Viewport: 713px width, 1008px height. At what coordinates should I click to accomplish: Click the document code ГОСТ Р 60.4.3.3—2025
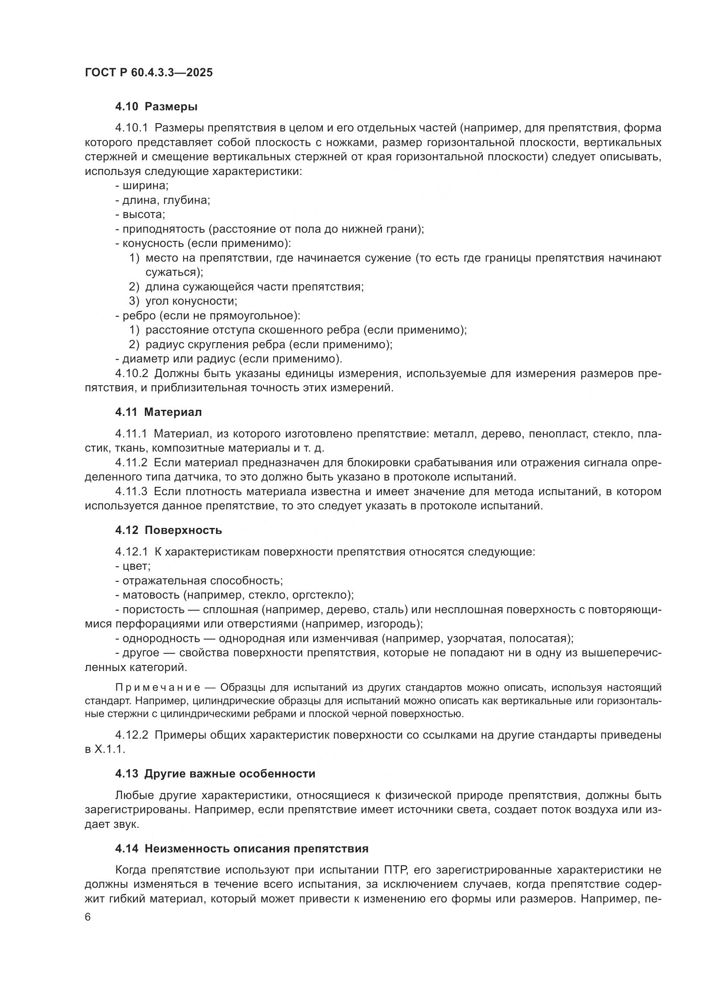click(x=149, y=73)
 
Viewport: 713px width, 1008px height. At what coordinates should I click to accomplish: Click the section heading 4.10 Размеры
click(x=156, y=107)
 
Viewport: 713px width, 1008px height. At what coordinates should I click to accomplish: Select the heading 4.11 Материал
click(x=159, y=412)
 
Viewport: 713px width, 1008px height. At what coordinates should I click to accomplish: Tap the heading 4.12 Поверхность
click(x=169, y=531)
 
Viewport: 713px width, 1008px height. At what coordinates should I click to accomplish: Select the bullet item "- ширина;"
click(x=142, y=186)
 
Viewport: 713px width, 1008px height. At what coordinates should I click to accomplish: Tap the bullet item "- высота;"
click(x=140, y=215)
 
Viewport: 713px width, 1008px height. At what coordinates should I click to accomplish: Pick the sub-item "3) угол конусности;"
click(x=183, y=301)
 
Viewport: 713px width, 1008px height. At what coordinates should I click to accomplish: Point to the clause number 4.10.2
click(x=132, y=374)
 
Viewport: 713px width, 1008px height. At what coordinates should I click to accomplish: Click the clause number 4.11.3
click(x=132, y=492)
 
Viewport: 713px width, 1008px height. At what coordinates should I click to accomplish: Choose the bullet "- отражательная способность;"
click(x=199, y=581)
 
